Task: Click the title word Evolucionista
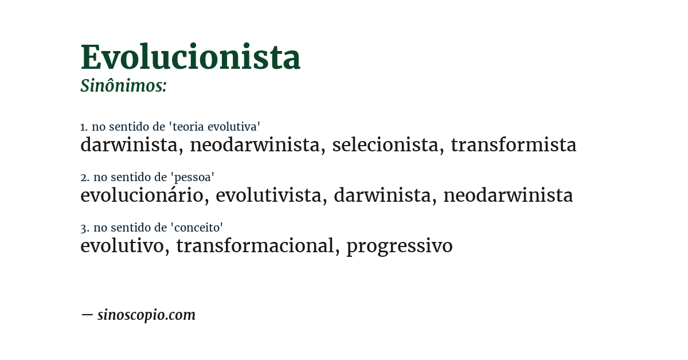pos(190,57)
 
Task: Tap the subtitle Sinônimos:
pos(123,86)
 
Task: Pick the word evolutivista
pos(268,195)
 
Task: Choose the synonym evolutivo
pos(122,246)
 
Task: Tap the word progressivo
pos(399,246)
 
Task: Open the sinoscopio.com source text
pos(146,315)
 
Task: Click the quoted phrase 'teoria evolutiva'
pos(217,127)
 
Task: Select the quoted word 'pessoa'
pos(193,177)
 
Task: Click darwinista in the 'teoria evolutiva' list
pos(128,145)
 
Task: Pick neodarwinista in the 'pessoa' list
pos(508,195)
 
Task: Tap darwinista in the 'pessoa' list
pos(382,195)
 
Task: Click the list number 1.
pos(83,127)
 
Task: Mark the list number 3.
pos(84,228)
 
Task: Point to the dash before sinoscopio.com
pos(87,315)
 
